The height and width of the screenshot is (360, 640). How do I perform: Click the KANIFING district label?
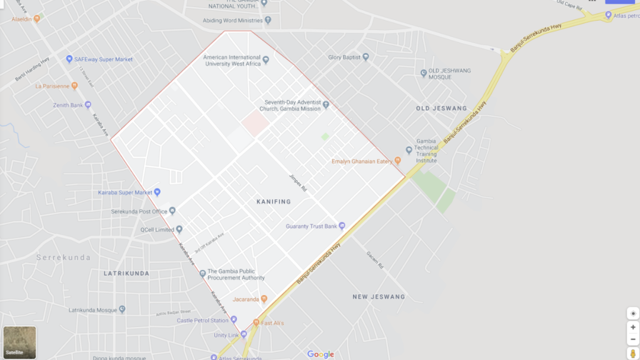[x=274, y=202]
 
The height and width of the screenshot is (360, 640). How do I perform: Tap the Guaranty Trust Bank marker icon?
[x=342, y=226]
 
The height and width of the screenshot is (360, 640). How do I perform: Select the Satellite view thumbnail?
[x=19, y=342]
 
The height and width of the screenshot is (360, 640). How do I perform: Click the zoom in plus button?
[x=632, y=327]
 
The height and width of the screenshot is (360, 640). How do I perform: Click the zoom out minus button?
[x=632, y=339]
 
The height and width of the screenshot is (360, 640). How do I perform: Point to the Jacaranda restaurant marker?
[x=264, y=299]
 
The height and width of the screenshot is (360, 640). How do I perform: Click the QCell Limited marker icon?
[x=179, y=229]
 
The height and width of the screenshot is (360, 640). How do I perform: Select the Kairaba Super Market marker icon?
[x=157, y=192]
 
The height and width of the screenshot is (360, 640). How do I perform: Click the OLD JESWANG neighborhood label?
[x=441, y=109]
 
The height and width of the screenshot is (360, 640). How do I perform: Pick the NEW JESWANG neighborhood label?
[x=379, y=297]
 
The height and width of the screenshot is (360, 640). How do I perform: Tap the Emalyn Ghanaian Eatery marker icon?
[x=397, y=161]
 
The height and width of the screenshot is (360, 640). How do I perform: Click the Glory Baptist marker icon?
[x=366, y=57]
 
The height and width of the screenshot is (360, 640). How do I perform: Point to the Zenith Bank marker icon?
[x=88, y=105]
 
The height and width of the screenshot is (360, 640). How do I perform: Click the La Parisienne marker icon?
[x=74, y=86]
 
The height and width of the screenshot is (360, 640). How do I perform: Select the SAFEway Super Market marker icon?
[x=69, y=59]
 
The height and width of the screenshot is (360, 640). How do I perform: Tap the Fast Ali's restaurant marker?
[x=256, y=323]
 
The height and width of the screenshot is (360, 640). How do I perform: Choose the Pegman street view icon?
[x=632, y=354]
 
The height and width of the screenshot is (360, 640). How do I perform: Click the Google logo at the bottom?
[x=321, y=354]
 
